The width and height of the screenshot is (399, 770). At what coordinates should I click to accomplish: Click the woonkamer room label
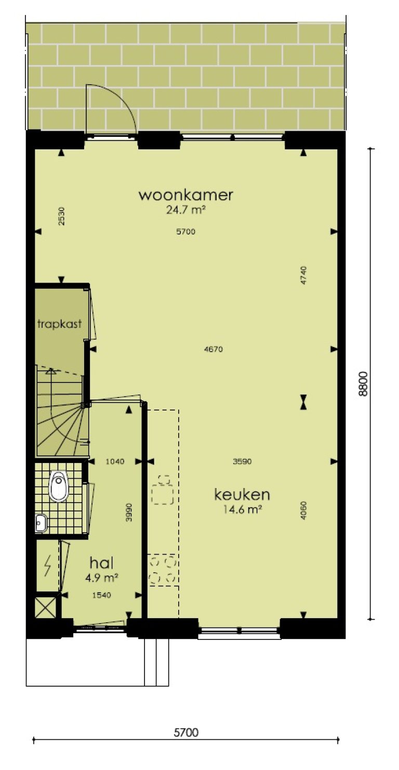click(185, 195)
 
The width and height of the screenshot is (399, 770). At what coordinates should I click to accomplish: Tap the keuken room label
click(242, 494)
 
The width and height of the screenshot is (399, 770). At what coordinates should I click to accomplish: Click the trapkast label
click(60, 324)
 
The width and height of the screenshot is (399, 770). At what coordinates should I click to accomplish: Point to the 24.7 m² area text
click(185, 210)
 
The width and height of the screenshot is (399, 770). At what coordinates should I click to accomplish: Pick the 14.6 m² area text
click(242, 510)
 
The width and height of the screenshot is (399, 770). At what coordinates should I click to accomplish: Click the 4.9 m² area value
click(102, 577)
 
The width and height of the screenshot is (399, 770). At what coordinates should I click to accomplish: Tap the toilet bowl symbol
click(60, 486)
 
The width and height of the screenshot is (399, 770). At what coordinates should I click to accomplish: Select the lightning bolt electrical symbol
click(48, 565)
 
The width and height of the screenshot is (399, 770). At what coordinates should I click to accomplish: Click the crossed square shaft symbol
click(46, 607)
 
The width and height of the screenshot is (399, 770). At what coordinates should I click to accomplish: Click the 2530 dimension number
click(62, 216)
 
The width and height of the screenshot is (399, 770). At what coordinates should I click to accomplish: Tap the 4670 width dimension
click(214, 350)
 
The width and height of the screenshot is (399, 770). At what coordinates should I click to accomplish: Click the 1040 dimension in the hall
click(115, 461)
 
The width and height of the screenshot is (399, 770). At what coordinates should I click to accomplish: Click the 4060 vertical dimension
click(304, 511)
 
